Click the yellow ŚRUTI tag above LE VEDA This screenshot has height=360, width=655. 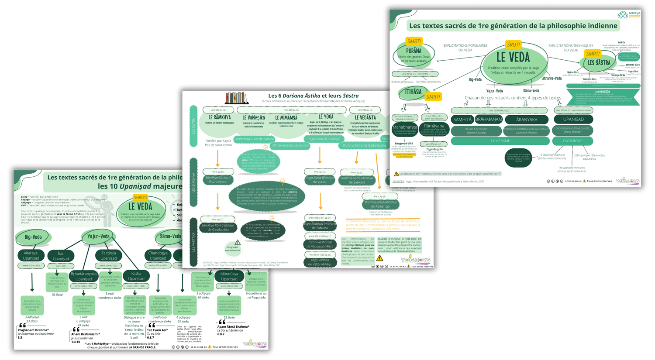(x=514, y=45)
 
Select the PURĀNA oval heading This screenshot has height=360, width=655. (x=414, y=51)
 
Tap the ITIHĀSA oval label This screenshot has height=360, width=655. (x=413, y=92)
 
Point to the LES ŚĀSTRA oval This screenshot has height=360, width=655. (x=599, y=62)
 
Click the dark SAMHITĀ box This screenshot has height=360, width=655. (x=462, y=119)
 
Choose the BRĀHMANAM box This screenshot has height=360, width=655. (x=489, y=119)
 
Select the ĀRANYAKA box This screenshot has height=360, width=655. (x=527, y=119)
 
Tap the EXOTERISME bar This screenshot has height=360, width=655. (x=500, y=141)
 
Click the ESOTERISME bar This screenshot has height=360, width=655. (x=572, y=141)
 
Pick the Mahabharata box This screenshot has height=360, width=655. (x=405, y=127)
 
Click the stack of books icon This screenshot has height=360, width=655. (x=237, y=97)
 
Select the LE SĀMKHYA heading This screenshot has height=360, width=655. (x=219, y=117)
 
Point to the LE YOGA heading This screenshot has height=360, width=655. (x=326, y=117)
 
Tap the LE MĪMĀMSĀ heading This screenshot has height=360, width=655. (x=286, y=117)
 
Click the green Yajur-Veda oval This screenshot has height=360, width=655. (x=98, y=237)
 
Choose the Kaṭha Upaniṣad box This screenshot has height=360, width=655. (x=136, y=276)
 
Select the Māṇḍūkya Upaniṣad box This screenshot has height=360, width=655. (x=229, y=276)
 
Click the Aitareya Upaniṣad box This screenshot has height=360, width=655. (x=31, y=255)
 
